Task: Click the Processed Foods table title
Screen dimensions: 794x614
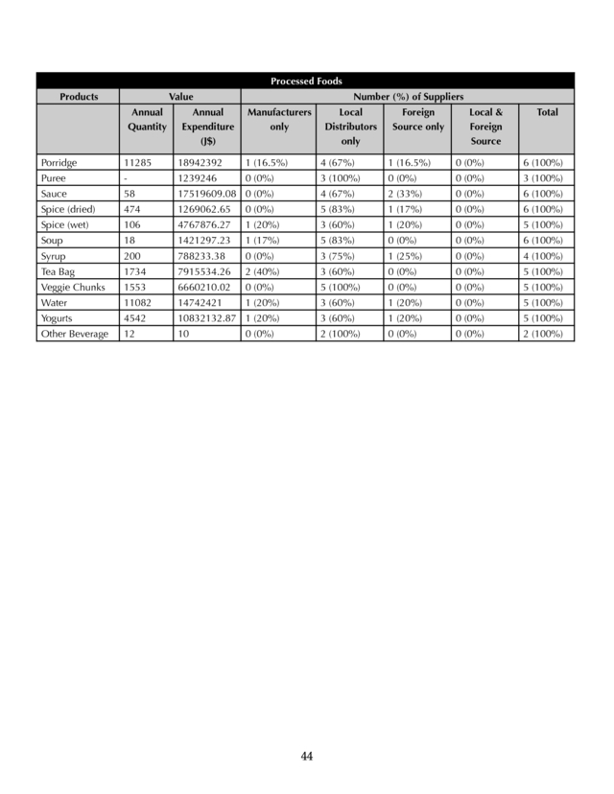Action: click(x=306, y=82)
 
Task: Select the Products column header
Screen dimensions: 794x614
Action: click(x=79, y=97)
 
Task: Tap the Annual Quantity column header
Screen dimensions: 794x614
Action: click(x=147, y=119)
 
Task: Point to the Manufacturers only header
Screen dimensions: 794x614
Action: click(x=279, y=119)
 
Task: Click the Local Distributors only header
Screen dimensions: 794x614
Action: click(x=350, y=127)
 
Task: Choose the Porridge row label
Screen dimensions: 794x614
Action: click(x=59, y=163)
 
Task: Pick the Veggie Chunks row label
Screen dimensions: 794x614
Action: click(x=73, y=287)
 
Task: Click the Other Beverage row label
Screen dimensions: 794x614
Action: click(x=75, y=334)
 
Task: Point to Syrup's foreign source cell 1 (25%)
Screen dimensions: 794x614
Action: click(x=409, y=256)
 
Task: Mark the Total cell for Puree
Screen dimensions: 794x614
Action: click(x=542, y=178)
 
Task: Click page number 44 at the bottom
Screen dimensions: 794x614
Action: click(x=307, y=757)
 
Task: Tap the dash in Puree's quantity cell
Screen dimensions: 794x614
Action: click(x=127, y=178)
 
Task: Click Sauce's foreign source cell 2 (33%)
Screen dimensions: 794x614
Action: click(x=409, y=194)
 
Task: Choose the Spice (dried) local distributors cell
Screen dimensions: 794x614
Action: click(x=338, y=209)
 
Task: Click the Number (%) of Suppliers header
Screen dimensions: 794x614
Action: click(x=408, y=97)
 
